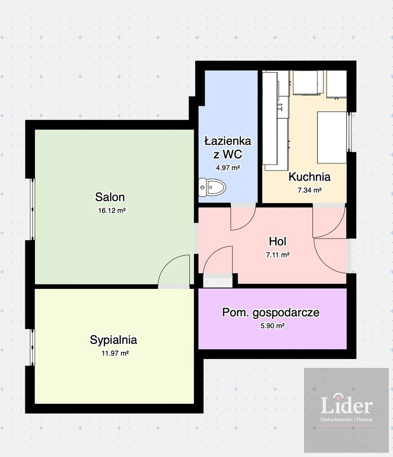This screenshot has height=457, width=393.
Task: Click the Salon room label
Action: [110, 197]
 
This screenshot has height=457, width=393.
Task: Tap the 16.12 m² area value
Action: [112, 210]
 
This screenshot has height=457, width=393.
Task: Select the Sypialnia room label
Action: [113, 340]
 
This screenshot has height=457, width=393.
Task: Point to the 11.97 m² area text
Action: [115, 353]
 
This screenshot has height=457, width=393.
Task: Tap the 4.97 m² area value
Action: [228, 168]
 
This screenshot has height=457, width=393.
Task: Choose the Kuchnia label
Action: [309, 177]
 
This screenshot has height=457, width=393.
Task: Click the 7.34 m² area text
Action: [309, 190]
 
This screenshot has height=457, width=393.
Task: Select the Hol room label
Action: [277, 241]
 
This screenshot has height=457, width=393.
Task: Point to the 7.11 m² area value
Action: [277, 255]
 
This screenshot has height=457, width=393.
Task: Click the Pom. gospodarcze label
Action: [271, 312]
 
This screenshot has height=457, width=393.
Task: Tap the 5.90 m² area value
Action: [272, 325]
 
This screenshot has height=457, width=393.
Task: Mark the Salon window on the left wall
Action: [32, 209]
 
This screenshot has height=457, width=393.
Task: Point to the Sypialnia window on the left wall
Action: [32, 347]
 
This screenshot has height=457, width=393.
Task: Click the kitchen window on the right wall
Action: [349, 132]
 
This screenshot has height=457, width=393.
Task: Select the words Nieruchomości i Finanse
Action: [346, 420]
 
